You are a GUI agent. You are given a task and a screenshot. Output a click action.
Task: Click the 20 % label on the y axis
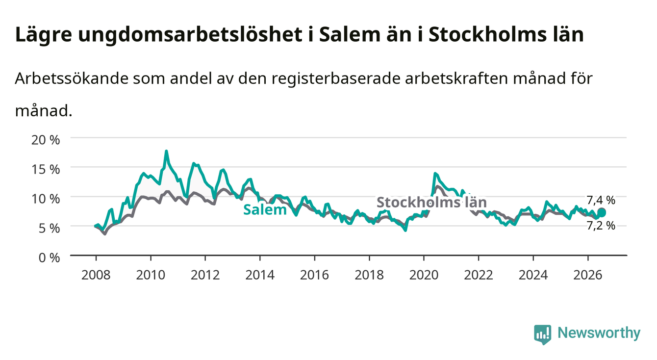coord(46,140)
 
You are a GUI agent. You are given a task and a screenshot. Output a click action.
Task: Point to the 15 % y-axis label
coord(46,169)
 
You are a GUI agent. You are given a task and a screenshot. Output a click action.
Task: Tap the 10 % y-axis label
coord(46,199)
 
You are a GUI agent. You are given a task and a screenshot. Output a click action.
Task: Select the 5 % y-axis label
coord(49,228)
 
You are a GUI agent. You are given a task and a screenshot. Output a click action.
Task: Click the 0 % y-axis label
coord(49,258)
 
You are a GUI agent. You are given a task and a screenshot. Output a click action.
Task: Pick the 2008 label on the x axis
coord(96,275)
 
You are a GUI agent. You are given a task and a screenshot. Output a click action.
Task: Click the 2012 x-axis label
coord(205,275)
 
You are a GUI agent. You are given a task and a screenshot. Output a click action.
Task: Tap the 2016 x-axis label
coord(314,275)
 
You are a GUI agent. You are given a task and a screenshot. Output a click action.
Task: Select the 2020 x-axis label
coord(424,275)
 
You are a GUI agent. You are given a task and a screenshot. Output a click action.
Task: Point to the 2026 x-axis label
coord(588,275)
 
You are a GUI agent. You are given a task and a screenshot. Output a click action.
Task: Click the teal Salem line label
coord(265,210)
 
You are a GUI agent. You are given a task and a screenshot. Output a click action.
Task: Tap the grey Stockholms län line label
coord(431,202)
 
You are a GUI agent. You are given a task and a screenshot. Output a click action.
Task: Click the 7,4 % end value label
coord(601,200)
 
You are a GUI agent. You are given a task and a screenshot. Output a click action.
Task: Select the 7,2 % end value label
coord(601,226)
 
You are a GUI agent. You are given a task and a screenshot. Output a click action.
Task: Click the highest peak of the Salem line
coord(166,152)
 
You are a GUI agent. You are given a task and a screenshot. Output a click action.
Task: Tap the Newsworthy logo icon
coord(543,334)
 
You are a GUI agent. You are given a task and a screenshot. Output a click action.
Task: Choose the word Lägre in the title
coord(44,35)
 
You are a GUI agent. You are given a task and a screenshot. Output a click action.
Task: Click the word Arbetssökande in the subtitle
coord(72,78)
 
